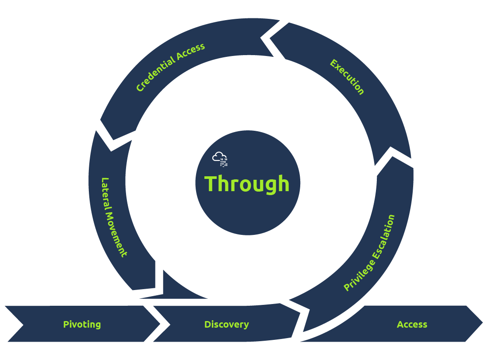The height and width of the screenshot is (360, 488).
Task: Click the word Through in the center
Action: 247,184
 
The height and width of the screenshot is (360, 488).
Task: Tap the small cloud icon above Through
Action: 218,157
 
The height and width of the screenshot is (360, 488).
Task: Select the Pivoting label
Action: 82,325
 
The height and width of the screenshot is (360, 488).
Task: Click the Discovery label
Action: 226,325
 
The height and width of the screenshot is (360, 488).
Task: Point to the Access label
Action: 412,325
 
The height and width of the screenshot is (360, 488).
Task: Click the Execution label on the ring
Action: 347,77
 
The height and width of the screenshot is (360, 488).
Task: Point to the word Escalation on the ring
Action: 385,236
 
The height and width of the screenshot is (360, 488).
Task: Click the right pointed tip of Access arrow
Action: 482,324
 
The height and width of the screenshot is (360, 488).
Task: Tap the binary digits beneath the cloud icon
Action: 224,163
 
